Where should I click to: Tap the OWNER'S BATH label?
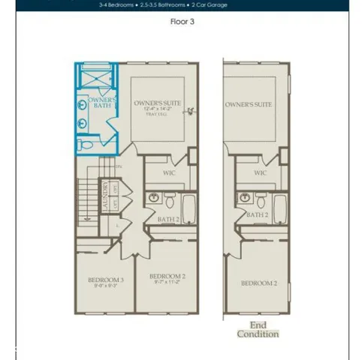coord(100,103)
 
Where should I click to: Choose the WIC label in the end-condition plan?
coord(260,173)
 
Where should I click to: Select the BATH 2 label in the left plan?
coord(167,220)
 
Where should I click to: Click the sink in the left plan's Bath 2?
coord(154,199)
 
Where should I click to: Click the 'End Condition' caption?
coord(258,330)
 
